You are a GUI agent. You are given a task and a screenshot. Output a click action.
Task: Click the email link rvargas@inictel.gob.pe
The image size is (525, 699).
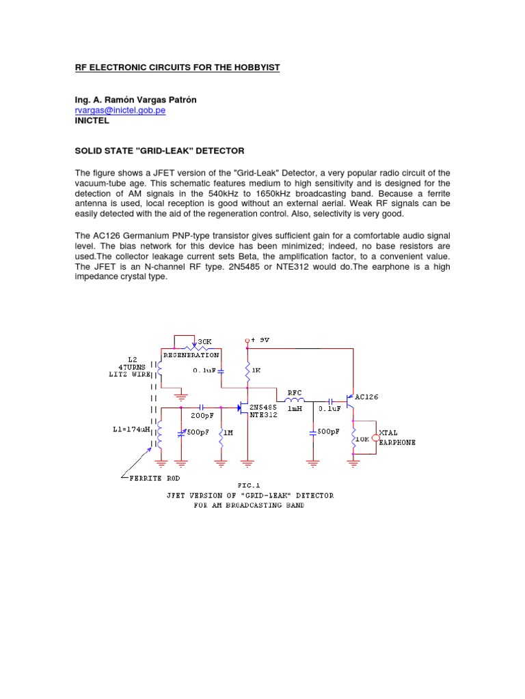[x=120, y=110]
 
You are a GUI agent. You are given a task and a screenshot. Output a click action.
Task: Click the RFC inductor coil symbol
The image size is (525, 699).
[x=295, y=401]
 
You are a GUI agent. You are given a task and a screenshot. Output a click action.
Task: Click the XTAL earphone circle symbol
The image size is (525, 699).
[x=375, y=436]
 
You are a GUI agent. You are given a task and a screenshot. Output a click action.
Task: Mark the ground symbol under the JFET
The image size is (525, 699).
[x=247, y=463]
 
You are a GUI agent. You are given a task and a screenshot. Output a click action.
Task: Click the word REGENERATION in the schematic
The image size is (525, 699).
[x=191, y=355]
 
